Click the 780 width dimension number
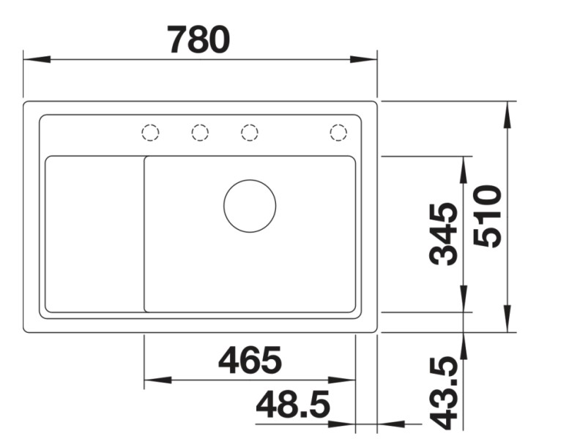point(198,40)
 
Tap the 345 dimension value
point(445,234)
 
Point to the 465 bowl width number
point(250,360)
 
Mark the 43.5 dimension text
point(445,393)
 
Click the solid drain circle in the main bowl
point(250,206)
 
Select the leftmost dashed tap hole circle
point(150,132)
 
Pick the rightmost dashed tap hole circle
point(338,132)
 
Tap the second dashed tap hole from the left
point(200,132)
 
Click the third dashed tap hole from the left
point(250,132)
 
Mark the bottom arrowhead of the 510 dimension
point(507,318)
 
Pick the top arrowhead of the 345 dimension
point(464,170)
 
